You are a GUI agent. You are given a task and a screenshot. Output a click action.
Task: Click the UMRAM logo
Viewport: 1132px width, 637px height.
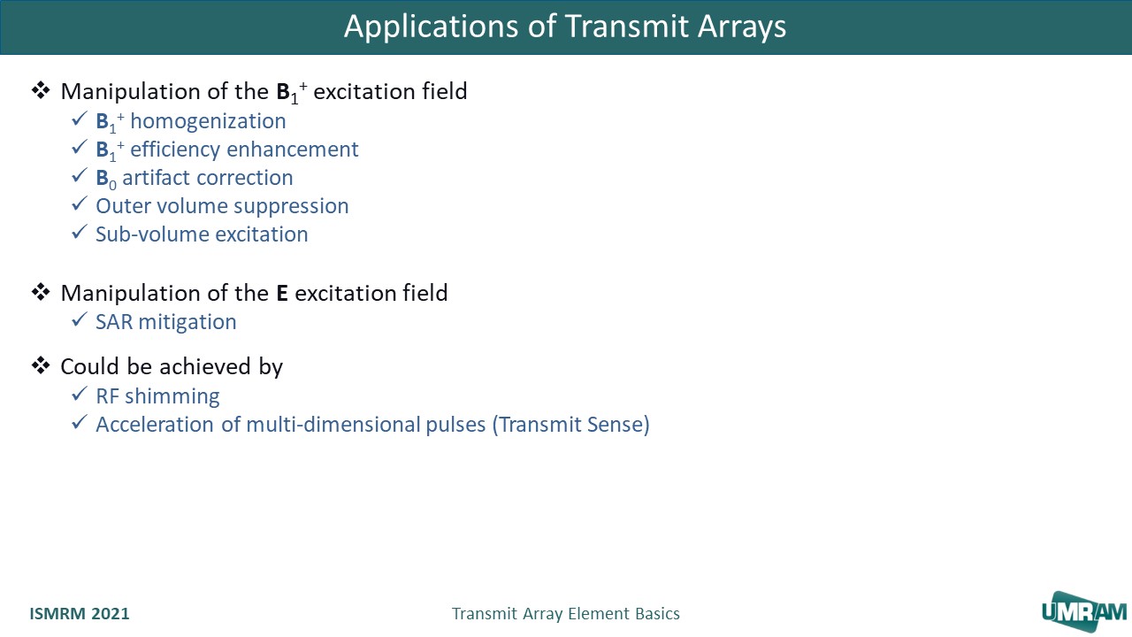coord(1084,612)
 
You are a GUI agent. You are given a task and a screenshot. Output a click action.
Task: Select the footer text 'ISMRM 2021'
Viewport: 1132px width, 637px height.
coord(80,613)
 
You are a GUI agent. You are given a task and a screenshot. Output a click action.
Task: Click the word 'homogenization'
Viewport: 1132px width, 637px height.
coord(208,121)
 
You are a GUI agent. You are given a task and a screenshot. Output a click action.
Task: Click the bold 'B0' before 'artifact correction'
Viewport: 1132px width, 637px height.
coord(105,179)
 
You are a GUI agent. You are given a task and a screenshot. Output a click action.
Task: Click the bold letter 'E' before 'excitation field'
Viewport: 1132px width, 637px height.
coord(282,293)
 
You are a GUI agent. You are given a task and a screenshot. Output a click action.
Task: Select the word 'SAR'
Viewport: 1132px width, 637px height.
coord(114,322)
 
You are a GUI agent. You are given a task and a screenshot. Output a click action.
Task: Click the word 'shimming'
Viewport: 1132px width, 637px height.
coord(172,397)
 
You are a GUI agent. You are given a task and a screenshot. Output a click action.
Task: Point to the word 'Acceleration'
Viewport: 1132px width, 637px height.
coord(155,425)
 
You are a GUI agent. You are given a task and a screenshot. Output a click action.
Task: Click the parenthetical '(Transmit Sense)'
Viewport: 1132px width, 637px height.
coord(571,425)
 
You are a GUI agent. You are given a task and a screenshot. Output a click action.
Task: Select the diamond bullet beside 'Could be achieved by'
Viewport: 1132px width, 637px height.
coord(41,365)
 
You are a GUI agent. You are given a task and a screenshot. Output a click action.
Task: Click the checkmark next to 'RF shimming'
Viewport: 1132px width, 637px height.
coord(80,395)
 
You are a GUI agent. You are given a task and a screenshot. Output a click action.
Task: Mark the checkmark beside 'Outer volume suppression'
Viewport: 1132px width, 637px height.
coord(80,204)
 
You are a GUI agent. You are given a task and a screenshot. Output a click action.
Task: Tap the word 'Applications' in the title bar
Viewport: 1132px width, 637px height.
coord(431,27)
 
